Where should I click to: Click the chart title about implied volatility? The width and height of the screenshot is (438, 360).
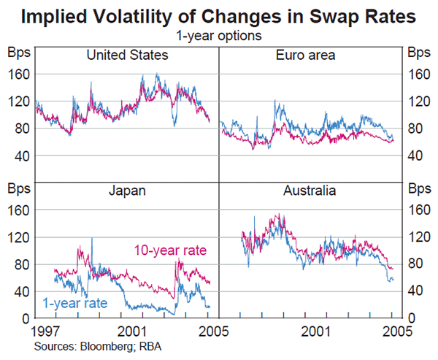219,16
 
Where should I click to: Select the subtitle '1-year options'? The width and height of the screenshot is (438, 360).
219,34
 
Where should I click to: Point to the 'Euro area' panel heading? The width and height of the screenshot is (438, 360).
311,55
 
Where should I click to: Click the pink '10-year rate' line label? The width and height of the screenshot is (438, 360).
169,250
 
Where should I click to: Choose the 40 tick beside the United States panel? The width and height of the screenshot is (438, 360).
20,156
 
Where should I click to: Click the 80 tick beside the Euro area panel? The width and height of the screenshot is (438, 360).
417,129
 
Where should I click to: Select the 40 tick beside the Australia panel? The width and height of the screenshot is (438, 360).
417,291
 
